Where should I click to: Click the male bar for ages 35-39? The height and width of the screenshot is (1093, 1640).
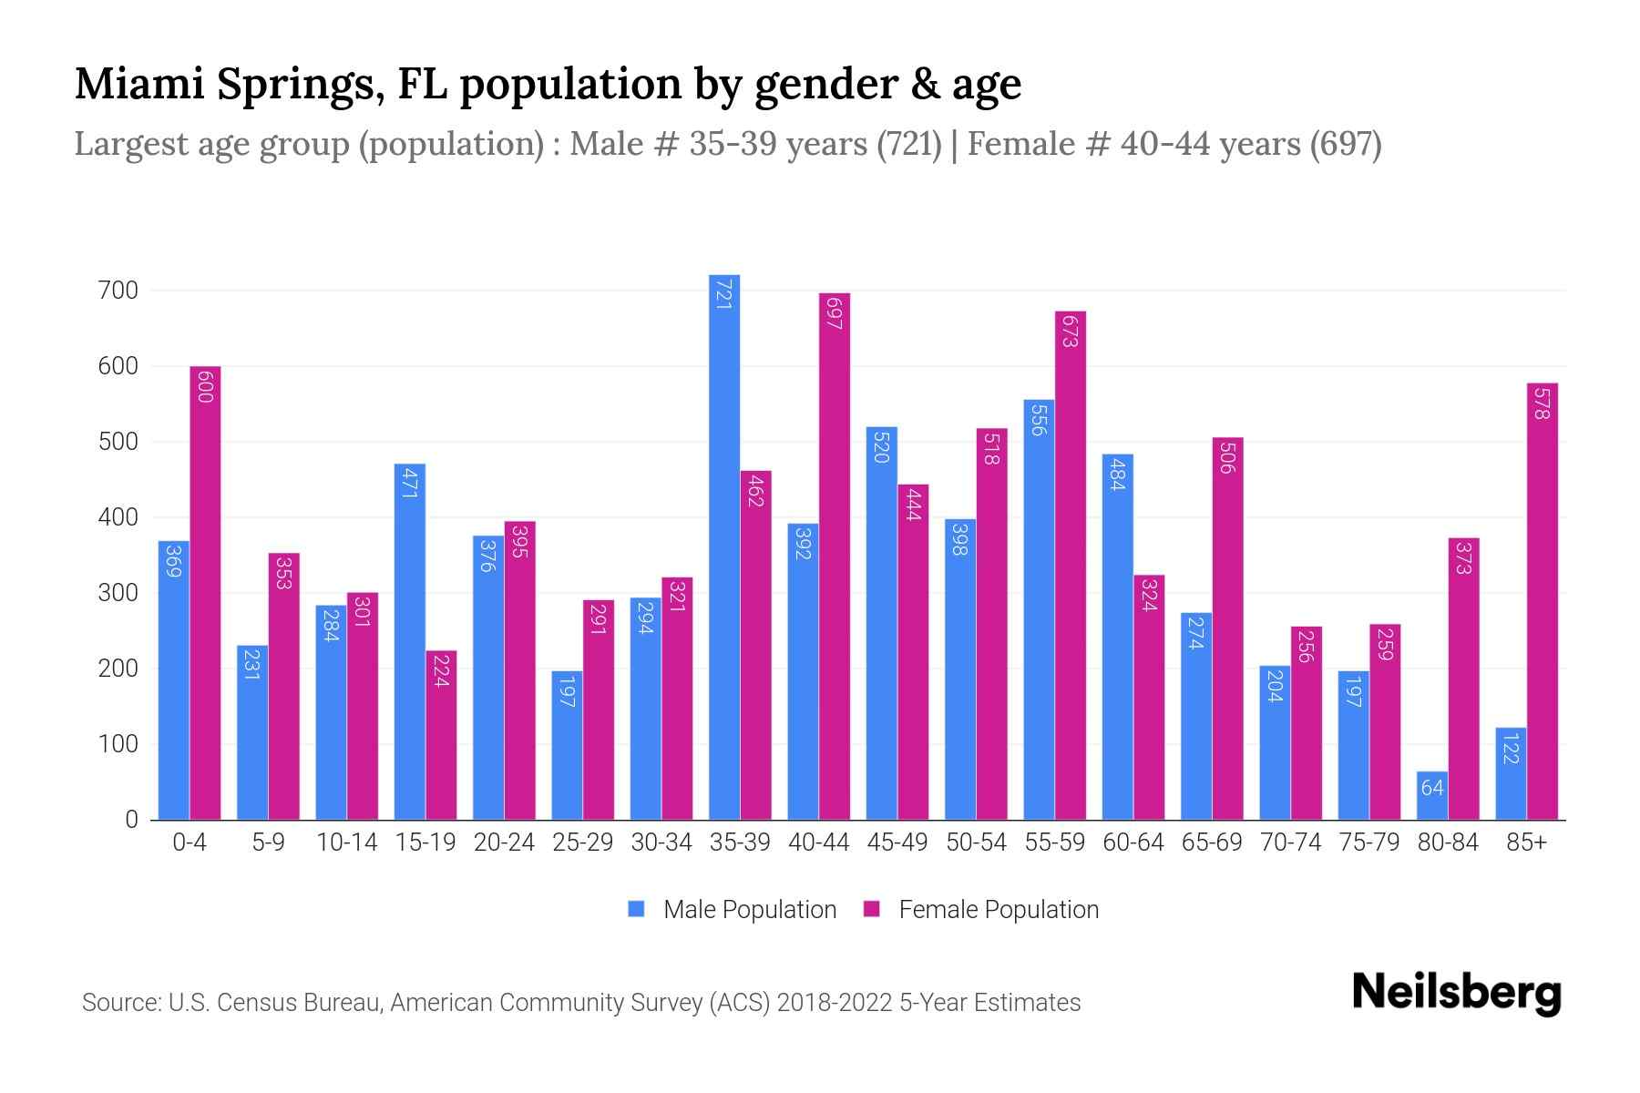[x=724, y=546]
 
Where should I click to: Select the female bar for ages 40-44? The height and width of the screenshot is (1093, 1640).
[x=835, y=556]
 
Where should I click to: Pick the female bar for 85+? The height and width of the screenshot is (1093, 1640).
[x=1543, y=601]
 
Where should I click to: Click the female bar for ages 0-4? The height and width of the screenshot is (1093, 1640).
[x=205, y=592]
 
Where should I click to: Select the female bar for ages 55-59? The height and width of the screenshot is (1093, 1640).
[x=1071, y=565]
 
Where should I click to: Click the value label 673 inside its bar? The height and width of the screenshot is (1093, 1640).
[x=1071, y=331]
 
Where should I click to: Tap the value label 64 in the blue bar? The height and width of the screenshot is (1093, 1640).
[x=1432, y=788]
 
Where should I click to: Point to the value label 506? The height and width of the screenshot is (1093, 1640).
[x=1227, y=457]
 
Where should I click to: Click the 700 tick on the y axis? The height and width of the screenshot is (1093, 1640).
[x=118, y=291]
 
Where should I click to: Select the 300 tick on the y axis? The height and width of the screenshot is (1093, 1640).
[x=118, y=593]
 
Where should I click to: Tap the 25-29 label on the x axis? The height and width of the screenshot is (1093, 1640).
[x=583, y=843]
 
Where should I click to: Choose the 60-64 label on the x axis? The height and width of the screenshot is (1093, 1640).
[x=1133, y=843]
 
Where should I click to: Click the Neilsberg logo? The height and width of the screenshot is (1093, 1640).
[x=1456, y=993]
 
